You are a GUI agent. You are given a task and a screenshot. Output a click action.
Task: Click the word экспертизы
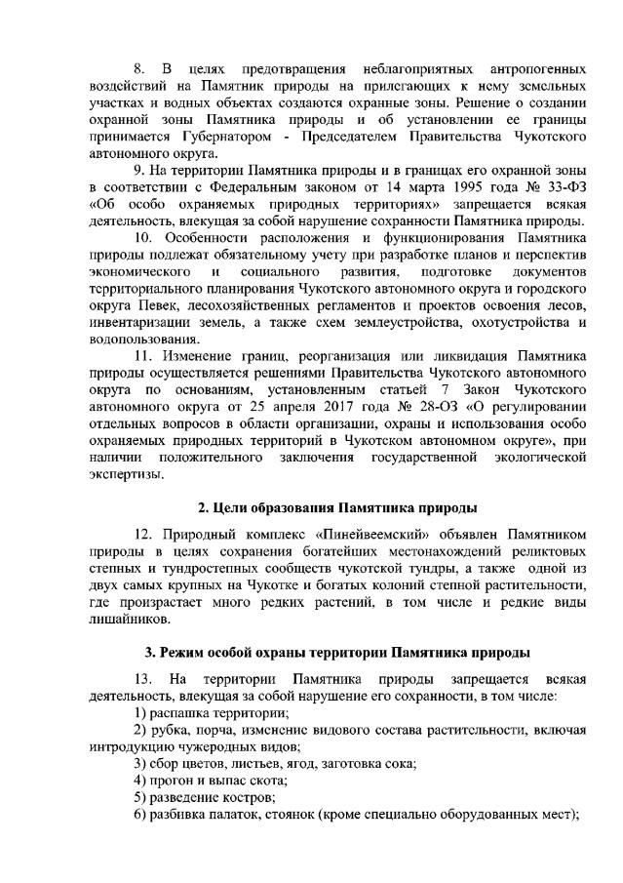pos(126,475)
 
